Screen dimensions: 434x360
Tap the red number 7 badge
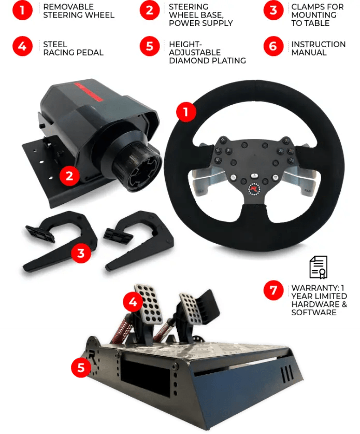(273, 291)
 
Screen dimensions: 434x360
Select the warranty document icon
(318, 267)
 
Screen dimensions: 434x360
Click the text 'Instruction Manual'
(318, 48)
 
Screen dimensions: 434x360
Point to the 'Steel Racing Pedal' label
(73, 48)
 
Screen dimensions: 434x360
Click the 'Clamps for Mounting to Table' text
(317, 15)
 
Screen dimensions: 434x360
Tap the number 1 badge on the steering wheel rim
(186, 111)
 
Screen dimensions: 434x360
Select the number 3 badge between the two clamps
(81, 253)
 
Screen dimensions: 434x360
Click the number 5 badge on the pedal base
(81, 368)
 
